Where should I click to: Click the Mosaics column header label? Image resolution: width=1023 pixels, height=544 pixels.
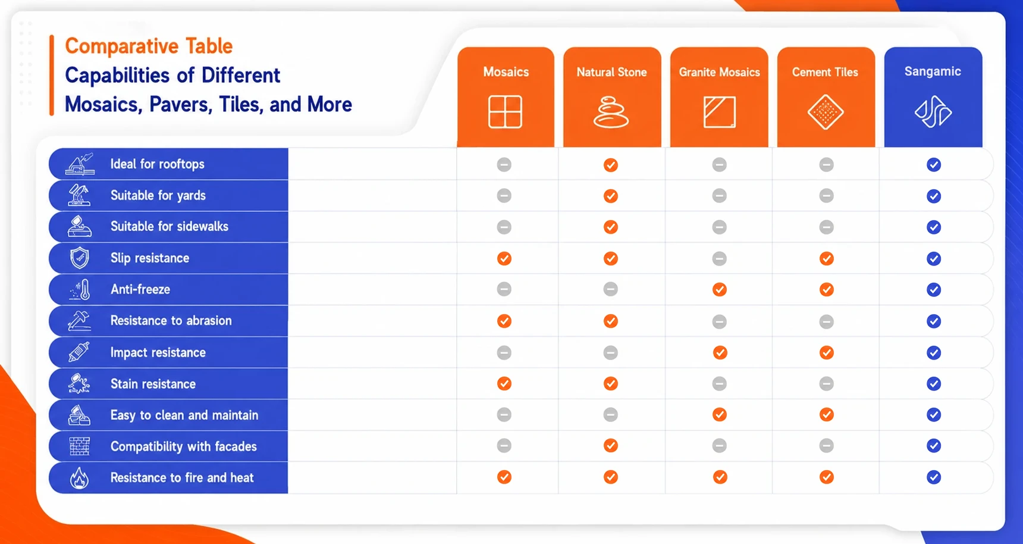(506, 72)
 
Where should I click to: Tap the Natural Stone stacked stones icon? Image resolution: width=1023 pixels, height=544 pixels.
(611, 112)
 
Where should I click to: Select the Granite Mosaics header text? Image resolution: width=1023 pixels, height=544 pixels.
(719, 72)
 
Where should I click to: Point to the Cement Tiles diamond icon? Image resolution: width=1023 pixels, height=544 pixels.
(826, 112)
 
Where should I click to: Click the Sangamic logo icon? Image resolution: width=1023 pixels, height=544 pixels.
(933, 112)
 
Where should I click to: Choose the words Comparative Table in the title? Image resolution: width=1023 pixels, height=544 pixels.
(149, 46)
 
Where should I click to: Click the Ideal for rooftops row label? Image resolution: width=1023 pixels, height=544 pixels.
(157, 164)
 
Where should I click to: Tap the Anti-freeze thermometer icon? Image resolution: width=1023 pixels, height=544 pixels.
(80, 290)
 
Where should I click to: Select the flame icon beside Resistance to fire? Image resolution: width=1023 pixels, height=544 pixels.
(80, 478)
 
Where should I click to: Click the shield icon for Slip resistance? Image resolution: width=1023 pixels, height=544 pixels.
(80, 258)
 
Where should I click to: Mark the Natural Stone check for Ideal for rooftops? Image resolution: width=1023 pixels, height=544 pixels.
(611, 165)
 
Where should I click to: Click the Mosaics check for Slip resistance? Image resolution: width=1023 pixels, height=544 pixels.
(504, 258)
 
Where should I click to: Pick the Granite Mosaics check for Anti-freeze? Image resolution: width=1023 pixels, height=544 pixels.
(720, 290)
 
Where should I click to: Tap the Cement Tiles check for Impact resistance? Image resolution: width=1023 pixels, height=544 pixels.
(826, 353)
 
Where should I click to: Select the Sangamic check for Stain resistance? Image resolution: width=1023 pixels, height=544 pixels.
(934, 384)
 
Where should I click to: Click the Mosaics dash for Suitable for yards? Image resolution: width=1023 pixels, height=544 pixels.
(504, 195)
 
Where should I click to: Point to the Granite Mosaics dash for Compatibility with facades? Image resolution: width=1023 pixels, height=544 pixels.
(720, 445)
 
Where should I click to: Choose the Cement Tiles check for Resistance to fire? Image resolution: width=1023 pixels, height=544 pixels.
(826, 477)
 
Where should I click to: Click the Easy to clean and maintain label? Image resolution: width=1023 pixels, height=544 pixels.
(184, 415)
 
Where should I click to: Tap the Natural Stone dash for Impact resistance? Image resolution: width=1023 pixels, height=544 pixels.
(611, 353)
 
